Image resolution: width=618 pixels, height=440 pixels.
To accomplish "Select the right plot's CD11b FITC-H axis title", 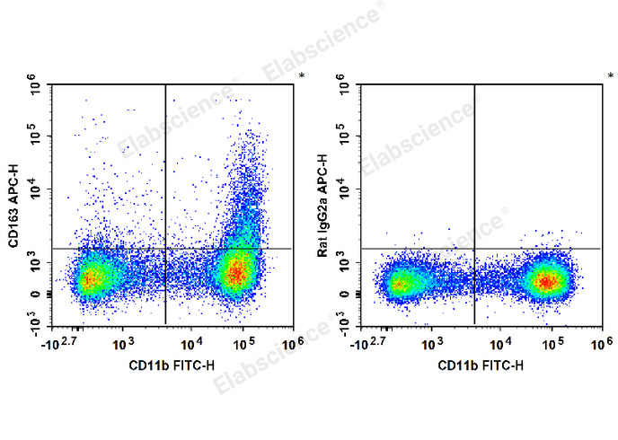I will pos(481,365).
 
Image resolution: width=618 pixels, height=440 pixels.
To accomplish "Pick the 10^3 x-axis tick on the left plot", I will pos(124,344).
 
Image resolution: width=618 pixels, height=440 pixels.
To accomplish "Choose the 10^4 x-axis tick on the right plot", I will pos(499,344).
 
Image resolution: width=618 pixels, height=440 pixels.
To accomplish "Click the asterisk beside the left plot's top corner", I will pos(301,76).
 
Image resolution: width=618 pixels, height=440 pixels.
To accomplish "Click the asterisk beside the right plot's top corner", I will pos(610,76).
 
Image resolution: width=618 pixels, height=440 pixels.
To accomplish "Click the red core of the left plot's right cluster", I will pos(236,272).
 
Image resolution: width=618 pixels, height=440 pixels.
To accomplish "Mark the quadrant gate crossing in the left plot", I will pos(165,248).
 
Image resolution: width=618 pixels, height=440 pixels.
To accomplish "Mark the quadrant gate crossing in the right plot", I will pos(473,248).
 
